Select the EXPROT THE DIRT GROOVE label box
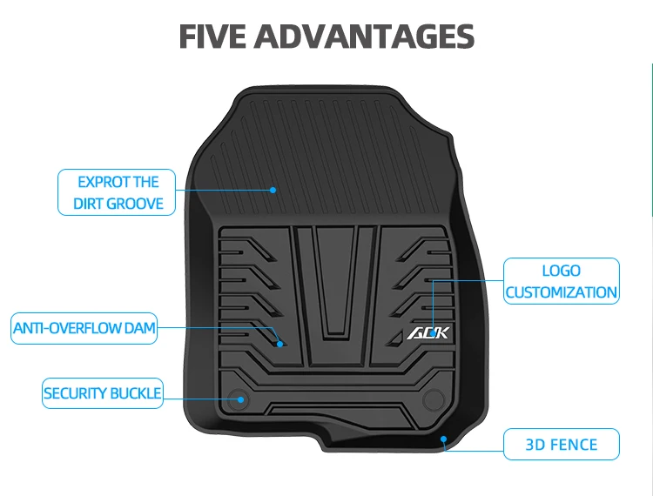[118, 192]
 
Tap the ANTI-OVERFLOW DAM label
[84, 328]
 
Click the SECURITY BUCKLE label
[103, 393]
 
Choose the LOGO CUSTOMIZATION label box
[562, 281]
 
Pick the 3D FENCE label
[562, 445]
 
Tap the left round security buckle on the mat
[239, 399]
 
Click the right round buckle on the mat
[433, 399]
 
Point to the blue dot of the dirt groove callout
[273, 188]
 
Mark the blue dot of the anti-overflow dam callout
[280, 344]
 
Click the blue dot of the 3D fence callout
[444, 439]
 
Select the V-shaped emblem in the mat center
[335, 283]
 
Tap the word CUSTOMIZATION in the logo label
[562, 292]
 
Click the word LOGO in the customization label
[562, 271]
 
